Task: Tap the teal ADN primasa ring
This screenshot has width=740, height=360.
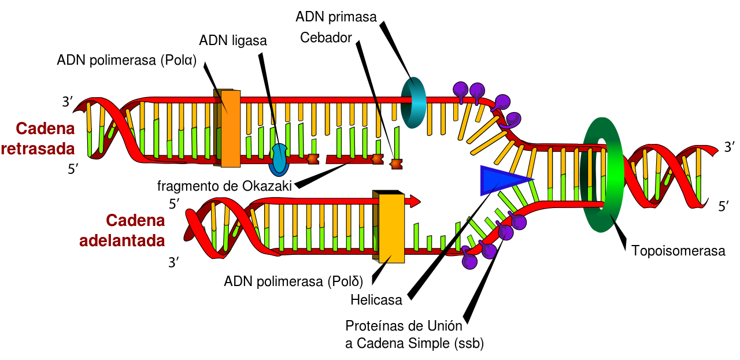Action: pyautogui.click(x=414, y=102)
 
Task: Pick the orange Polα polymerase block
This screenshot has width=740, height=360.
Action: pyautogui.click(x=230, y=128)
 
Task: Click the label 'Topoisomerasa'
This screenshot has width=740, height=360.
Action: pyautogui.click(x=678, y=251)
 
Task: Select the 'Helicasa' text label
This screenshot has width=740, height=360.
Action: pyautogui.click(x=376, y=300)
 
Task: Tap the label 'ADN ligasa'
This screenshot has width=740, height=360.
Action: pyautogui.click(x=233, y=40)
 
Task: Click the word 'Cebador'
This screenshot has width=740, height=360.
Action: pyautogui.click(x=326, y=38)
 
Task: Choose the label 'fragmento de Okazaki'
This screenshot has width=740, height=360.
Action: pyautogui.click(x=224, y=186)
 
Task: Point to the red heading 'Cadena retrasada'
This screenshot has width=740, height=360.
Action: pyautogui.click(x=38, y=139)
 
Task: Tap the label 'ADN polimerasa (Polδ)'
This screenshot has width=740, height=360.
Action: pyautogui.click(x=293, y=282)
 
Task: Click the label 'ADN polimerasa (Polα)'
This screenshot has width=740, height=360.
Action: pyautogui.click(x=127, y=60)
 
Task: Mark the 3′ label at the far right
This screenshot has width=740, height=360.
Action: pyautogui.click(x=730, y=147)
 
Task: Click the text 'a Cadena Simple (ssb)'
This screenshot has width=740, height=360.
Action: pyautogui.click(x=414, y=343)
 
